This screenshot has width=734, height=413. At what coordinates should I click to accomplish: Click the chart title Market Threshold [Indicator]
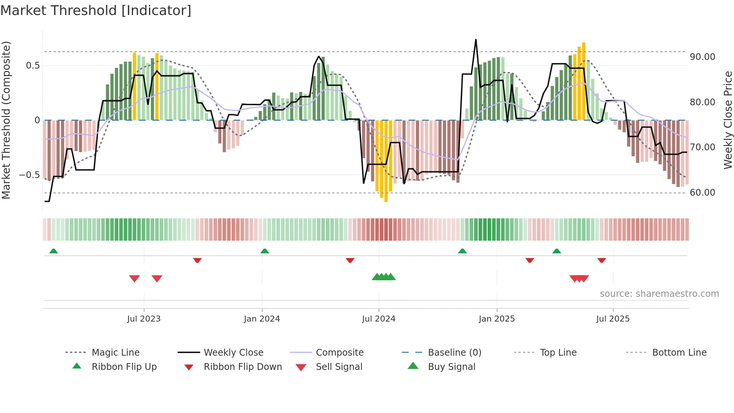coord(96,10)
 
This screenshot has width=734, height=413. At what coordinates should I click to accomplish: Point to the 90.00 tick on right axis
coord(702,57)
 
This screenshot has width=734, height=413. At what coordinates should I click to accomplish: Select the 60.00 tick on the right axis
coord(702,193)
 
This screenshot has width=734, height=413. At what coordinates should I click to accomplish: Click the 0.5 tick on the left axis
coord(33,66)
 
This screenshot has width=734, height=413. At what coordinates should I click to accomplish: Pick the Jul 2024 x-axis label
coord(378,319)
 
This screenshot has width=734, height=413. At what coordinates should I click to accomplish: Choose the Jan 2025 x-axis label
coord(497,319)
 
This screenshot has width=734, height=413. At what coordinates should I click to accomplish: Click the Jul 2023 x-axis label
coord(143,319)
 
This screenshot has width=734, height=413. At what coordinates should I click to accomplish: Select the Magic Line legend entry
coord(115,353)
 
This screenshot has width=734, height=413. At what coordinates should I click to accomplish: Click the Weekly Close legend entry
coord(233,353)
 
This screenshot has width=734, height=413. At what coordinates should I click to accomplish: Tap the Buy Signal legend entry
coord(451,367)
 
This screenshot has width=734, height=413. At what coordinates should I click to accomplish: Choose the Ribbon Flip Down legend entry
coord(242,367)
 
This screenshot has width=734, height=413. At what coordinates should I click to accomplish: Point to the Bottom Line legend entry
coord(679,353)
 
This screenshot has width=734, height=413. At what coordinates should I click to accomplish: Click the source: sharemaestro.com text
coord(659,294)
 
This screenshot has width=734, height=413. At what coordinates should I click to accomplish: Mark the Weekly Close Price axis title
coord(728,120)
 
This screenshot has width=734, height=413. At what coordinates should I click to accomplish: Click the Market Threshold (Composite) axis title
coord(6,120)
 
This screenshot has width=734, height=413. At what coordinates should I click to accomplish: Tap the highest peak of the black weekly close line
coord(476,40)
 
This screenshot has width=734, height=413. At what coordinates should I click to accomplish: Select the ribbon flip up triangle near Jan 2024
coord(265,251)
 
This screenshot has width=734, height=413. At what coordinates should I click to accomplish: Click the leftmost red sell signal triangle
coord(134,278)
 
